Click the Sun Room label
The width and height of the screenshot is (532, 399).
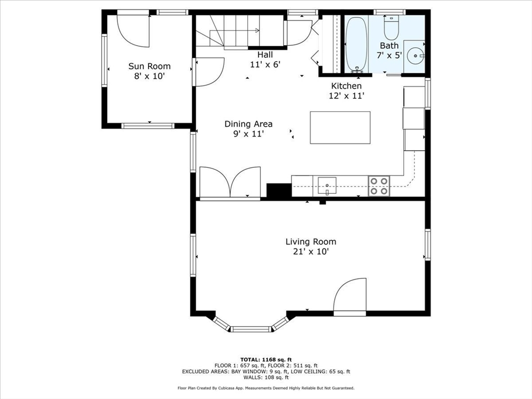(x=149, y=66)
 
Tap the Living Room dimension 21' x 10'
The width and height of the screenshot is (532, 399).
(x=311, y=252)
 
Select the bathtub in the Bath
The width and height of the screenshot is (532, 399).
(x=356, y=44)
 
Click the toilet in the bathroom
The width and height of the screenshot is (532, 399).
(x=391, y=29)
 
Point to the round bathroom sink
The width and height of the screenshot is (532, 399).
(x=416, y=54)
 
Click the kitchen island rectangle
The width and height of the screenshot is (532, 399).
(x=340, y=127)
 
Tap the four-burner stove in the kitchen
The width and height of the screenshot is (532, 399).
(x=379, y=186)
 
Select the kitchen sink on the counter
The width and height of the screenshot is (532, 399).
(x=327, y=184)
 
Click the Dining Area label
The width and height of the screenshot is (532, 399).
(x=248, y=124)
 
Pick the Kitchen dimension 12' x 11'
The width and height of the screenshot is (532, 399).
(x=347, y=96)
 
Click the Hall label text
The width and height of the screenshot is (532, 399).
(x=265, y=55)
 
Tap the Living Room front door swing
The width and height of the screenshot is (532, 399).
(x=349, y=297)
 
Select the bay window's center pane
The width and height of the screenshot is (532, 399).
(x=251, y=329)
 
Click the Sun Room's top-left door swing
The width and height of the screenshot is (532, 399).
(x=134, y=30)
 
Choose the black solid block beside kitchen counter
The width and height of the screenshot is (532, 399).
(x=279, y=190)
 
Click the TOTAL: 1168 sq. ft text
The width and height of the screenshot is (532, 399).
(x=266, y=360)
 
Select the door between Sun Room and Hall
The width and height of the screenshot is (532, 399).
(x=208, y=71)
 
